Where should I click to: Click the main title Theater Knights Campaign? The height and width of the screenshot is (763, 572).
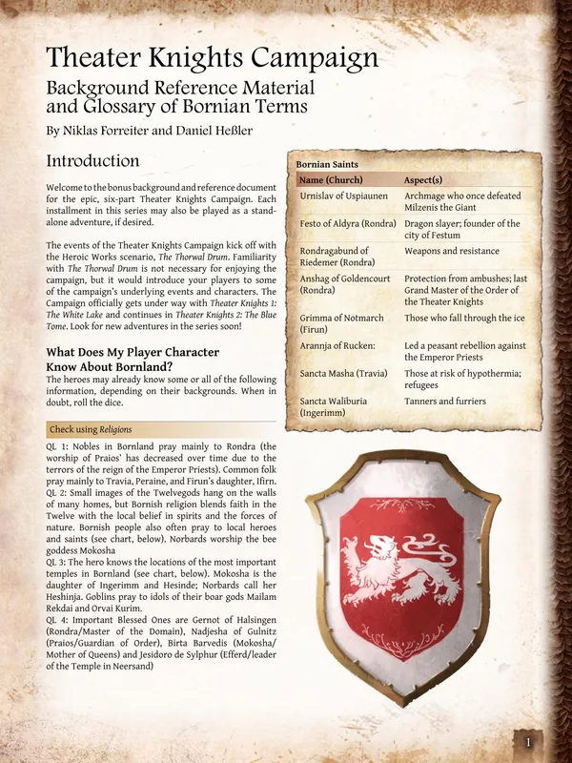coord(212,58)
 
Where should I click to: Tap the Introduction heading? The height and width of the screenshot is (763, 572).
coord(92,160)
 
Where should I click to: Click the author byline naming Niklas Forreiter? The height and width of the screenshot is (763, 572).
coord(149,129)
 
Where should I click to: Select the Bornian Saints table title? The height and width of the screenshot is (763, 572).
coord(327,164)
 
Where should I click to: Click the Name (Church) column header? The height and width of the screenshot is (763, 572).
coord(337,179)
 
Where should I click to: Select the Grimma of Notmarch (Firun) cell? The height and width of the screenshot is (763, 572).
coord(341,323)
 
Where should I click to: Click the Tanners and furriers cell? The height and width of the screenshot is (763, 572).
coord(445,402)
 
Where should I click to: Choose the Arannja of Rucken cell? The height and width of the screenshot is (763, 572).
coord(336,345)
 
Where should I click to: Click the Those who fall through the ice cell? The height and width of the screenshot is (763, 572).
coord(463,318)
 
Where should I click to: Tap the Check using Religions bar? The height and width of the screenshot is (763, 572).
coord(91,429)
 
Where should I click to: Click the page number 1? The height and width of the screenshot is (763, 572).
coord(527,742)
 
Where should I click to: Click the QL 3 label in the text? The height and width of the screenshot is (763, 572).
coord(59,564)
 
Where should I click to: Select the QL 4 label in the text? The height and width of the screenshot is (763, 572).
coord(59,620)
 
